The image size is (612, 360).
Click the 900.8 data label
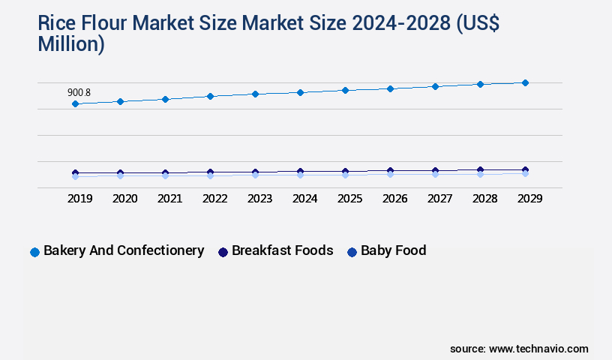(79, 92)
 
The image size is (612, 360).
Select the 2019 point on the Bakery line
(75, 103)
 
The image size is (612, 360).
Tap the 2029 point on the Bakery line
(525, 82)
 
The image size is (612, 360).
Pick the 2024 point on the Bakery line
(300, 92)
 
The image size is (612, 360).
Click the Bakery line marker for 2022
(210, 96)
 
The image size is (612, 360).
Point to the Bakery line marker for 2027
(435, 86)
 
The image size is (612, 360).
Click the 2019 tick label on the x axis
(79, 199)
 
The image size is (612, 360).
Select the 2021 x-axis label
(169, 199)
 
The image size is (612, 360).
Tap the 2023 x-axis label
(259, 199)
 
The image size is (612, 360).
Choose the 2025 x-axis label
(349, 199)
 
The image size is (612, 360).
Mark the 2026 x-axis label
(394, 199)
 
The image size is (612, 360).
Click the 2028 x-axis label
(484, 199)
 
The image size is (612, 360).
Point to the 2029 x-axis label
(529, 199)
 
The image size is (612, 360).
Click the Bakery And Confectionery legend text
(124, 250)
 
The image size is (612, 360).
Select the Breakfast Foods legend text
(282, 250)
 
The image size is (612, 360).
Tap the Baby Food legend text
(393, 250)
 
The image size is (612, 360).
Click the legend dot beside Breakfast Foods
(223, 252)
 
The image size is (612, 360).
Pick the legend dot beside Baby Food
(352, 252)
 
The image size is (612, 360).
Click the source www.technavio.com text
(519, 349)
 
